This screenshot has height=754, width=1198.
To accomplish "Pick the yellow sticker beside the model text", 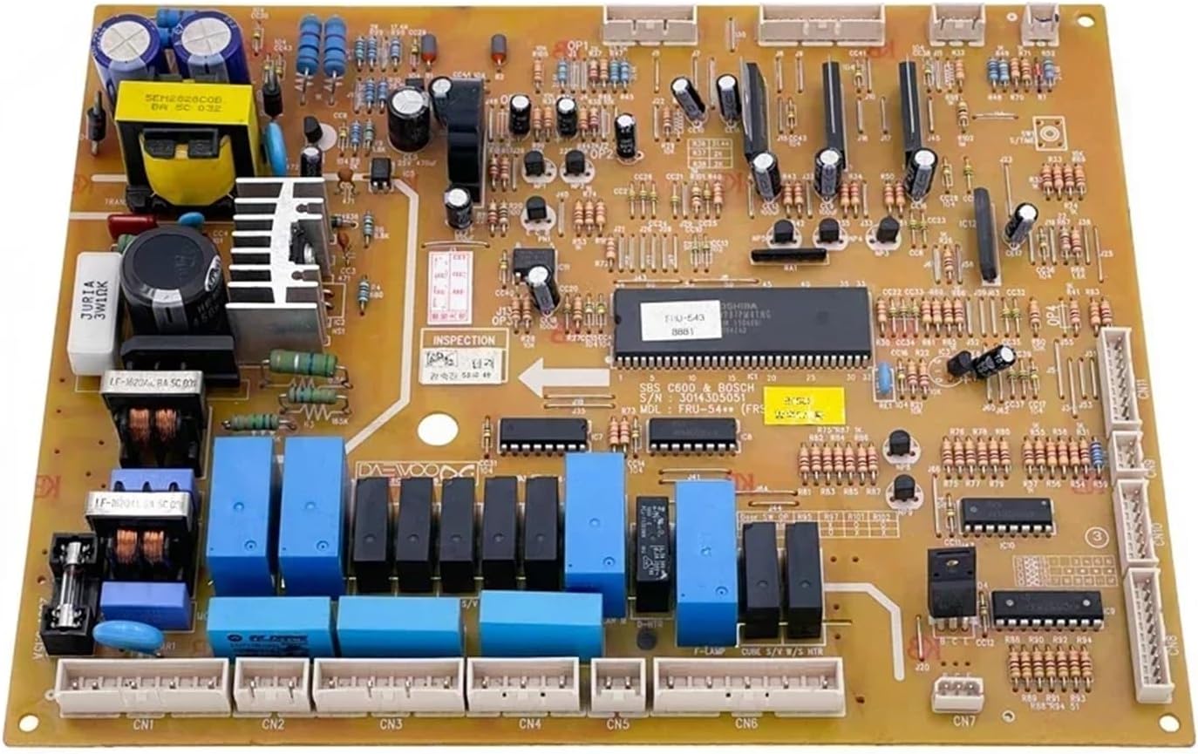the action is [x=804, y=406].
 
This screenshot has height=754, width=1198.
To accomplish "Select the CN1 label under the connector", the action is [x=144, y=723].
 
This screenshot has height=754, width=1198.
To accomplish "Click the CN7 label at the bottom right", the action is [x=963, y=721].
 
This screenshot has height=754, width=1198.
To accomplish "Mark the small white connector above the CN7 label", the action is [x=957, y=694].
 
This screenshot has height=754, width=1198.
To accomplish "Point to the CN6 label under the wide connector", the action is [x=745, y=723].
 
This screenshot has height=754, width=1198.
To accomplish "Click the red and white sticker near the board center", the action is [x=451, y=288].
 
